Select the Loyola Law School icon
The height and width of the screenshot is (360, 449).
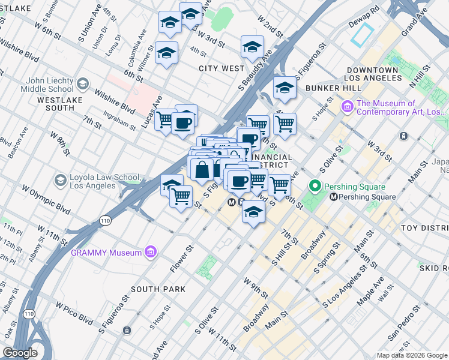(x=60, y=180)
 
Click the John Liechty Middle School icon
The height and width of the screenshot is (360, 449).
(x=83, y=84)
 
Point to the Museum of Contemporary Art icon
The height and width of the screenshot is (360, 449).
(x=347, y=107)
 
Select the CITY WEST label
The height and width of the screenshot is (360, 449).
(x=221, y=68)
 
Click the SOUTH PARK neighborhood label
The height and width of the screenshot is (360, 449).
(x=158, y=289)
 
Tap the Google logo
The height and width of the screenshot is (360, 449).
(x=20, y=353)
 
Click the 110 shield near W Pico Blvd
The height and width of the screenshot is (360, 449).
(x=29, y=314)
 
